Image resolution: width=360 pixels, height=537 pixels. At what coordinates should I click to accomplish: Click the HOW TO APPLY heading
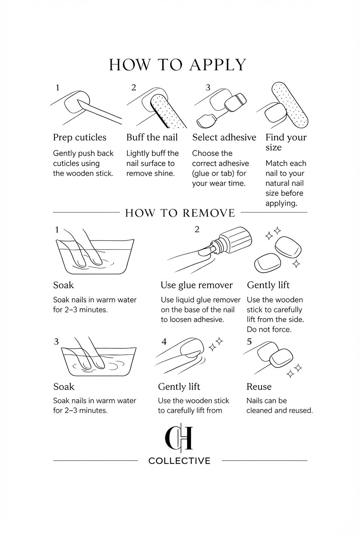177,65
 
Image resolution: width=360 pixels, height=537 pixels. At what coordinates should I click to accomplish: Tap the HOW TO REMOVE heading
180,213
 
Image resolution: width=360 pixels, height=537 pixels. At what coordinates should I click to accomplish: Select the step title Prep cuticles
79,138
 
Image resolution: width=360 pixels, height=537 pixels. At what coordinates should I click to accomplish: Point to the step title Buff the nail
152,137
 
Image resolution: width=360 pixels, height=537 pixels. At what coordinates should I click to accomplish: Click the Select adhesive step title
224,137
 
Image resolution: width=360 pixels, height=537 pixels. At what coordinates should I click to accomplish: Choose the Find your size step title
286,142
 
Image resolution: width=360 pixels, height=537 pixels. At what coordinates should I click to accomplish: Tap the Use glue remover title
197,285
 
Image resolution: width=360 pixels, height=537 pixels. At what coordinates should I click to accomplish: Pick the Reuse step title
259,387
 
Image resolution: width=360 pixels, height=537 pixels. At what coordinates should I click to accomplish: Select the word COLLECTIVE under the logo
180,461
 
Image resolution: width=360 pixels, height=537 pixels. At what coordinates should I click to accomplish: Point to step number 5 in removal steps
249,342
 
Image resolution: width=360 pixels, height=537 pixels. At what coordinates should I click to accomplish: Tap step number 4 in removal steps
164,342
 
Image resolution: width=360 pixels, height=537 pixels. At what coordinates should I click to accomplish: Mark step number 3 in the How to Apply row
208,88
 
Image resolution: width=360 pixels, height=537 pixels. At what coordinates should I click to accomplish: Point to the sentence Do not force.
269,329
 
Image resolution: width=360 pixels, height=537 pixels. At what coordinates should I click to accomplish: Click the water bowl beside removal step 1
95,257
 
